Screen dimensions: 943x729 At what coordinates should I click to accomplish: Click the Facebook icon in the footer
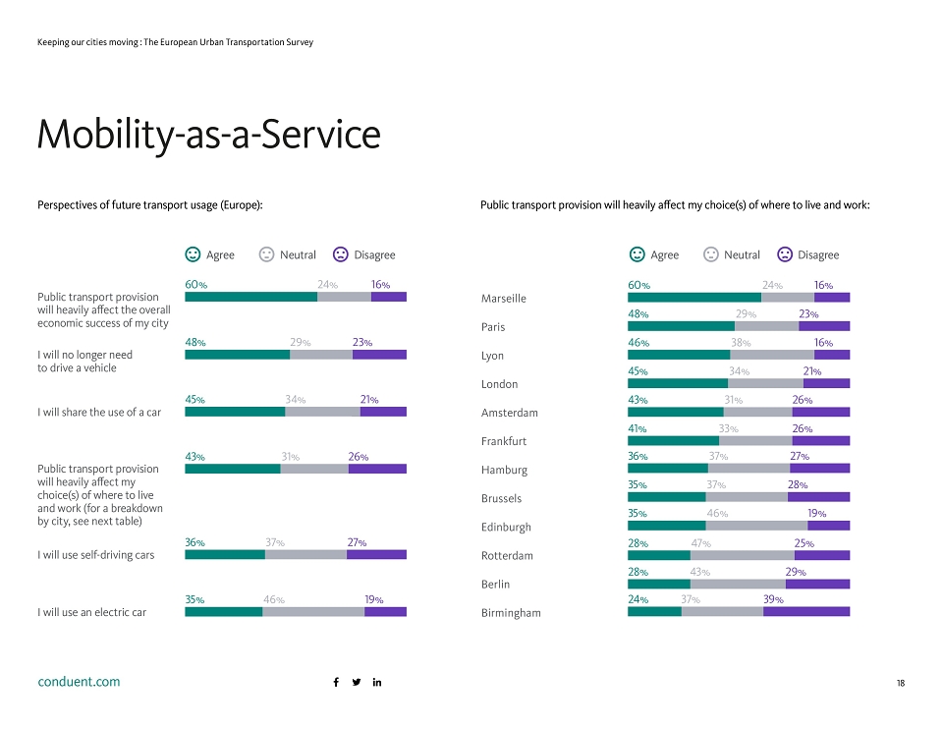(x=336, y=682)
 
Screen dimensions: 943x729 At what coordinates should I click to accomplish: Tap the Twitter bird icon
(x=357, y=682)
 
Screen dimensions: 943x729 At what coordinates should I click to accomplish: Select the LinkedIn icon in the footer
(x=377, y=682)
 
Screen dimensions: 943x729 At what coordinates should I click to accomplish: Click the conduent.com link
(x=79, y=682)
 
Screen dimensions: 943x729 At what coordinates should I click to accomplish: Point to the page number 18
(x=901, y=683)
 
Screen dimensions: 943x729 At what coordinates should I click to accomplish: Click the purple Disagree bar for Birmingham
(x=806, y=612)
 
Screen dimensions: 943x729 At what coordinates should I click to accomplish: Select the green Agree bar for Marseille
(x=694, y=297)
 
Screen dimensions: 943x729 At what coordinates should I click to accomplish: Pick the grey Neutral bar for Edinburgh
(x=756, y=526)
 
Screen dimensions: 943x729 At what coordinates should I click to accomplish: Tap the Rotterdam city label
(x=507, y=555)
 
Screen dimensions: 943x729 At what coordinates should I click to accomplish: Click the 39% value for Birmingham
(x=773, y=599)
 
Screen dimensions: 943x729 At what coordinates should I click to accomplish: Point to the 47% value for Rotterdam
(x=700, y=543)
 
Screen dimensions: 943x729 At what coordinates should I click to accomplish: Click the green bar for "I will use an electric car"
(x=224, y=612)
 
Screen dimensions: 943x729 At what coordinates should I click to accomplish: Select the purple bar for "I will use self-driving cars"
(x=376, y=554)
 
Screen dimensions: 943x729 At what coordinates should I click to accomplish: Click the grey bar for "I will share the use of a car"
(x=322, y=412)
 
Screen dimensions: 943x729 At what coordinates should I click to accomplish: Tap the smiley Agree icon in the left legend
(x=193, y=254)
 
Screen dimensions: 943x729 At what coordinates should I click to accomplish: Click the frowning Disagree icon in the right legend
(x=785, y=254)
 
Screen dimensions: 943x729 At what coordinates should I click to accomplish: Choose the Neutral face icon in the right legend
(x=711, y=254)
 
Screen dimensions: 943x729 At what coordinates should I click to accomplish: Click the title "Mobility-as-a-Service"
(x=208, y=135)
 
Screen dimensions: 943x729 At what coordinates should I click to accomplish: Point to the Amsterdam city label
(x=510, y=413)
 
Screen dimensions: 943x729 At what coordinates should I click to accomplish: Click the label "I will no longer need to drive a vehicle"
(x=84, y=361)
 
